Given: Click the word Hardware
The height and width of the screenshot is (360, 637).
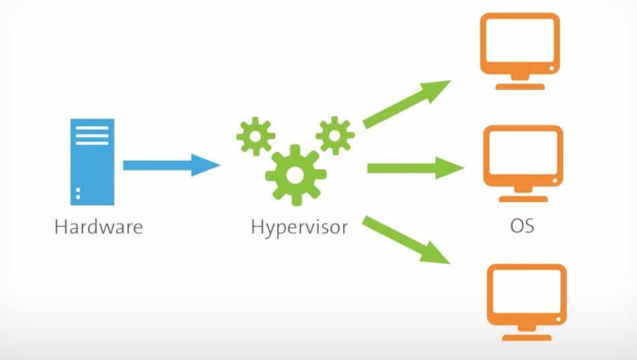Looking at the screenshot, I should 98,227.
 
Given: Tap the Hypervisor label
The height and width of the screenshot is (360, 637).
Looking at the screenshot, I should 299,228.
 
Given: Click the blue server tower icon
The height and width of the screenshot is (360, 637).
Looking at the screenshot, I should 92,161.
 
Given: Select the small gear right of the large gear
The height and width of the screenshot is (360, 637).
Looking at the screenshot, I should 335,135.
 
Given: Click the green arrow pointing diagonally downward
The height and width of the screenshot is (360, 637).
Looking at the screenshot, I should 406,239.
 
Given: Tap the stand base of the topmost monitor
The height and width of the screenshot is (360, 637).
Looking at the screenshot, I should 521,86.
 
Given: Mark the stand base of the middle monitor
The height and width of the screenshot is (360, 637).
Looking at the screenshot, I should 523,198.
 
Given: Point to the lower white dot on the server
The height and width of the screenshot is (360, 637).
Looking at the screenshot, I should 79,197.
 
